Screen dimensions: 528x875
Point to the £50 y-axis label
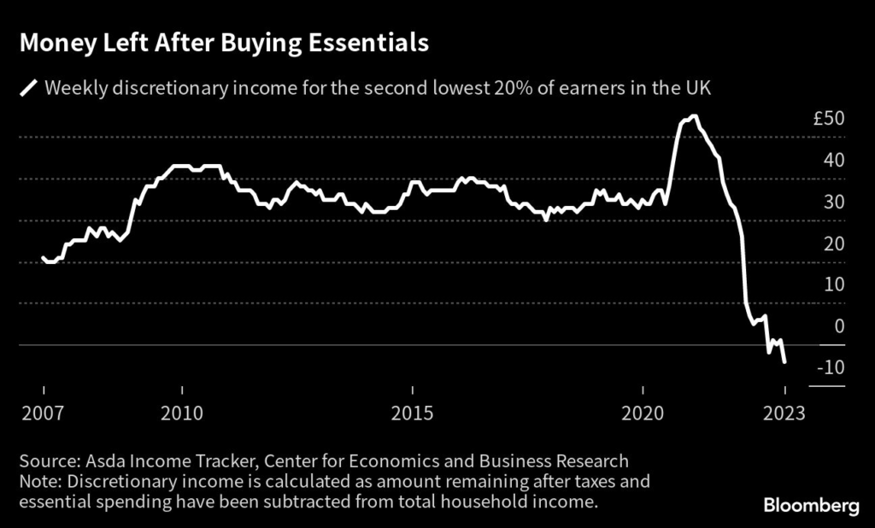(x=829, y=119)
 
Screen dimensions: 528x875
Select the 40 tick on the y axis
(x=833, y=161)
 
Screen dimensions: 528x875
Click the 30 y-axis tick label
(x=833, y=202)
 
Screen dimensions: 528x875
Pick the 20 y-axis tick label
(x=833, y=243)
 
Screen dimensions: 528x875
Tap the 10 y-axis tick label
(x=833, y=285)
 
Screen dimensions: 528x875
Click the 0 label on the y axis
(x=839, y=326)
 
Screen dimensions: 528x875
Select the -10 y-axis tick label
(x=831, y=367)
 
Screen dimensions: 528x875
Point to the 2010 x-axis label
(x=181, y=414)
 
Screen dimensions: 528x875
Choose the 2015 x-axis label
(x=414, y=414)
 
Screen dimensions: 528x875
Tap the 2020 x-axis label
(x=643, y=414)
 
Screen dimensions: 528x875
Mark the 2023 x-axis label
(x=784, y=414)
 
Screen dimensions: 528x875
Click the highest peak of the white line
(x=694, y=116)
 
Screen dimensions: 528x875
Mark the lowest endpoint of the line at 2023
(x=784, y=362)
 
